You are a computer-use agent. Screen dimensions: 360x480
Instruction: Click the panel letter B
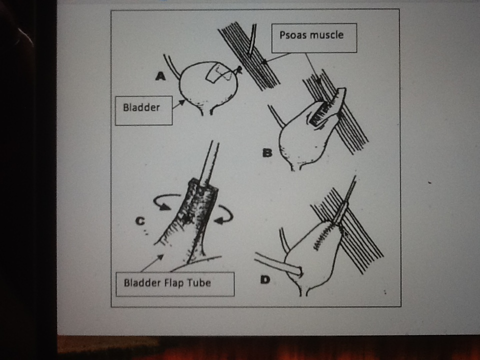click(267, 153)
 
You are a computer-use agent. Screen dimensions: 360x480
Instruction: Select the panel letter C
click(140, 220)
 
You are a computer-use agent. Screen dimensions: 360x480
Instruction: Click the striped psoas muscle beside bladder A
click(250, 55)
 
